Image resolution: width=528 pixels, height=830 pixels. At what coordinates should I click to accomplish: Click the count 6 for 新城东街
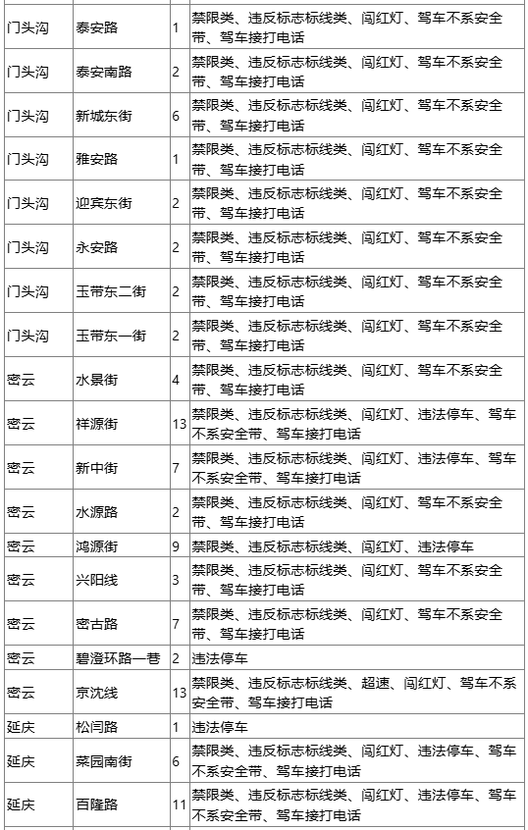pyautogui.click(x=176, y=116)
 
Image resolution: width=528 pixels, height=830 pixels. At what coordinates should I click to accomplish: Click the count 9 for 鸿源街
pyautogui.click(x=176, y=545)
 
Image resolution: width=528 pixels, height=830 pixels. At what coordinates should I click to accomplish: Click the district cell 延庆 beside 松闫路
pyautogui.click(x=21, y=728)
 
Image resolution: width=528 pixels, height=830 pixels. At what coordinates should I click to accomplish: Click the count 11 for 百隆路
pyautogui.click(x=179, y=805)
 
